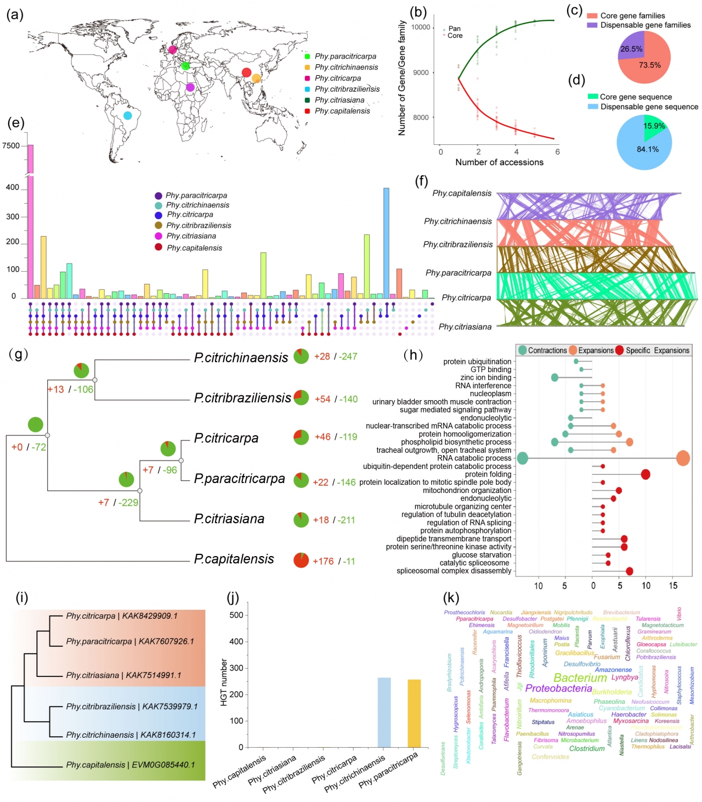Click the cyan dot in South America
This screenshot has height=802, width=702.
tap(127, 115)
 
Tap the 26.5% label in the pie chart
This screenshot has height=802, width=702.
tap(631, 49)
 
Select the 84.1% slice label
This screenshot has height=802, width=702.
tap(648, 149)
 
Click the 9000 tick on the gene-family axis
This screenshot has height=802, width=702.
tap(421, 72)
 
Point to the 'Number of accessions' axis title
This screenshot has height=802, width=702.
tap(499, 162)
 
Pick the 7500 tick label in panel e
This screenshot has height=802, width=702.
tap(11, 145)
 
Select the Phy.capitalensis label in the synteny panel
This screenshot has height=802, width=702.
tap(462, 193)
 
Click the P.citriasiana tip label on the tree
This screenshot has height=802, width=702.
tap(229, 519)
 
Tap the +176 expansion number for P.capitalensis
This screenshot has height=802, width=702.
tap(323, 561)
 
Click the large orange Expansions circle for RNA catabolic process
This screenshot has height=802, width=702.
tap(683, 458)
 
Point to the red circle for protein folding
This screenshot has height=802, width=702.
tap(646, 474)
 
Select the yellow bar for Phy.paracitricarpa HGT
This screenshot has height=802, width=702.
tap(414, 713)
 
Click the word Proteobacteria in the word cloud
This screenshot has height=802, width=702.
tap(558, 688)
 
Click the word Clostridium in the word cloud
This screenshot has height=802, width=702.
tap(587, 748)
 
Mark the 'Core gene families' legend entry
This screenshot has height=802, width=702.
tap(632, 15)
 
